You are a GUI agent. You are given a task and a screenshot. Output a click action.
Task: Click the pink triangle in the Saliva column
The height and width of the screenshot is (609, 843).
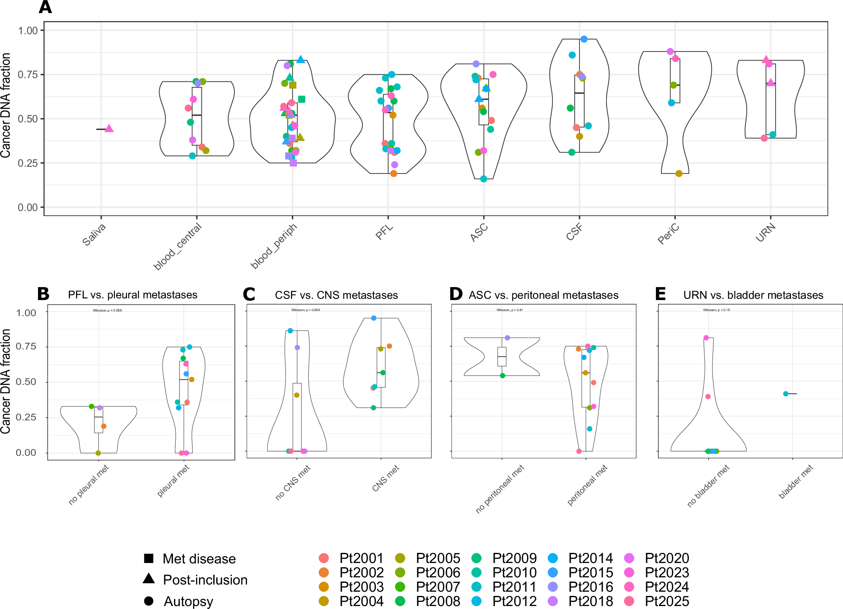109,128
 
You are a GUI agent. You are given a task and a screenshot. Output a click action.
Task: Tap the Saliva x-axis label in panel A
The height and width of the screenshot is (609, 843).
94,235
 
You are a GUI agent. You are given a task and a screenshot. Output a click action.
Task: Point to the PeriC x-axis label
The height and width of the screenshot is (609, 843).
669,234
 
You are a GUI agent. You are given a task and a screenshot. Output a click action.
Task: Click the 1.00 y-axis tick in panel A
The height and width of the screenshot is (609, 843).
28,30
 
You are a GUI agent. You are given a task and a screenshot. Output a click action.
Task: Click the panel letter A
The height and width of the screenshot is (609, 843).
45,7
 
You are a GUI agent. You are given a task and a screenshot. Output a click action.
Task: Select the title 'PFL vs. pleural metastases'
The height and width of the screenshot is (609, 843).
133,295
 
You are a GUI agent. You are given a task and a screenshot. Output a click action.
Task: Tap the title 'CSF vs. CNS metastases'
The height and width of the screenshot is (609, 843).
336,295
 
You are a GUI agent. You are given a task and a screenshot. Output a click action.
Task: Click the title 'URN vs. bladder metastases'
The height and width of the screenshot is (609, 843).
753,295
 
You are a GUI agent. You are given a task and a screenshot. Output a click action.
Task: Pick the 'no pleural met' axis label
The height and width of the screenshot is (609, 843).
89,484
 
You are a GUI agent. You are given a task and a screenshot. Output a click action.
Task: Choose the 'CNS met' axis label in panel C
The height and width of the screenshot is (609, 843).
386,478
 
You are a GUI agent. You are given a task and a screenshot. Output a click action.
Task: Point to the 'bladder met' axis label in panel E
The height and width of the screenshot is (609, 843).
796,482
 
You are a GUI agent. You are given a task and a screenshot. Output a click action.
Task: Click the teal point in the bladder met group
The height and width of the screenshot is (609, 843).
786,394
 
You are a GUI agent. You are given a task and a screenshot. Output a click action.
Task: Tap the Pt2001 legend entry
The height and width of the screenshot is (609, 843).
362,558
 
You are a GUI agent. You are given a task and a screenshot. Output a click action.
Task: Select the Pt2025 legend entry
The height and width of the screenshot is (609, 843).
667,601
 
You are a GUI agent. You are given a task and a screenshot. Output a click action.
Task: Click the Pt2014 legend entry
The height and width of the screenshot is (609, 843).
590,558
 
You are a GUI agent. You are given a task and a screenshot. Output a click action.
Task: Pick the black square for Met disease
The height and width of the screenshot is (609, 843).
149,558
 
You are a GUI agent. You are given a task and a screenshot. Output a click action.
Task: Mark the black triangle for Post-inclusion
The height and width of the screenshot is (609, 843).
149,579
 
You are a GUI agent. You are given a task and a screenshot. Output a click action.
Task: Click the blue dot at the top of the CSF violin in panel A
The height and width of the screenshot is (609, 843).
584,39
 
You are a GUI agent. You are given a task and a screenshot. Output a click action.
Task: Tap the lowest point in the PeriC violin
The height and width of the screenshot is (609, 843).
679,173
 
